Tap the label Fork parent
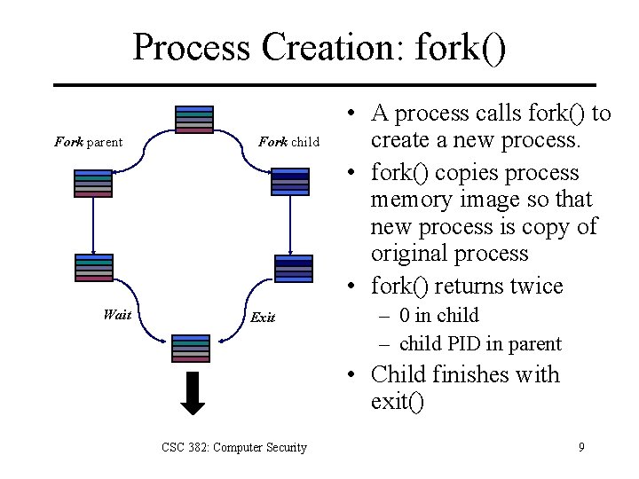coord(88,142)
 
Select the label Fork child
coord(288,142)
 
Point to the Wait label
coord(117,314)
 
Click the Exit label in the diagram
coord(263,317)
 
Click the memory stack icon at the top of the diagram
coord(194,120)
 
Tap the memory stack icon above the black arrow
coord(192,348)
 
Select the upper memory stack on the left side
coord(93,183)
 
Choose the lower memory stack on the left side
coord(93,267)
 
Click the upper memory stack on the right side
coord(290,182)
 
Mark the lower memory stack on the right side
coord(294,268)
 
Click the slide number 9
coord(581,447)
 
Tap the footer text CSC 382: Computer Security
coord(234,448)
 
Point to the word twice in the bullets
coord(530,287)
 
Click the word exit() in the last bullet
coord(398,402)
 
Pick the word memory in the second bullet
coord(409,200)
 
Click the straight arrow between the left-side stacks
coord(92,225)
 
